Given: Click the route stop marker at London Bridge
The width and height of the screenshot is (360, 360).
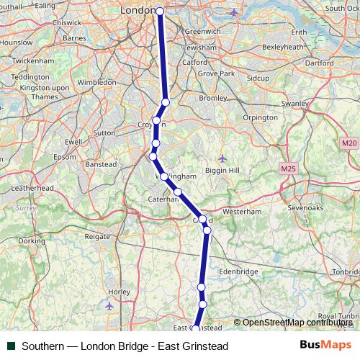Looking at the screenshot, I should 160,12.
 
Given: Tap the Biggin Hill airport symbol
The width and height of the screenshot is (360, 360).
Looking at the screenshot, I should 222,158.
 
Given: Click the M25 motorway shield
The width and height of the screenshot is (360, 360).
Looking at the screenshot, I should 288,168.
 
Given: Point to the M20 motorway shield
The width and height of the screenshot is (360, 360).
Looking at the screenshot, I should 349,143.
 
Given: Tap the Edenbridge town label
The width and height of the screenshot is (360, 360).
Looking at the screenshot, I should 238,271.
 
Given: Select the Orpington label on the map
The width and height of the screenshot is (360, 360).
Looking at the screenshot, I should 261,117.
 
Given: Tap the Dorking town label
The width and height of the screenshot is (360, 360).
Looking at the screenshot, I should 31,240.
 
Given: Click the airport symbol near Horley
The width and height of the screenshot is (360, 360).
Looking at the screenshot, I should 109,306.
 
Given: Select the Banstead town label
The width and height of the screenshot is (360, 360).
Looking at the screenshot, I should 101,164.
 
